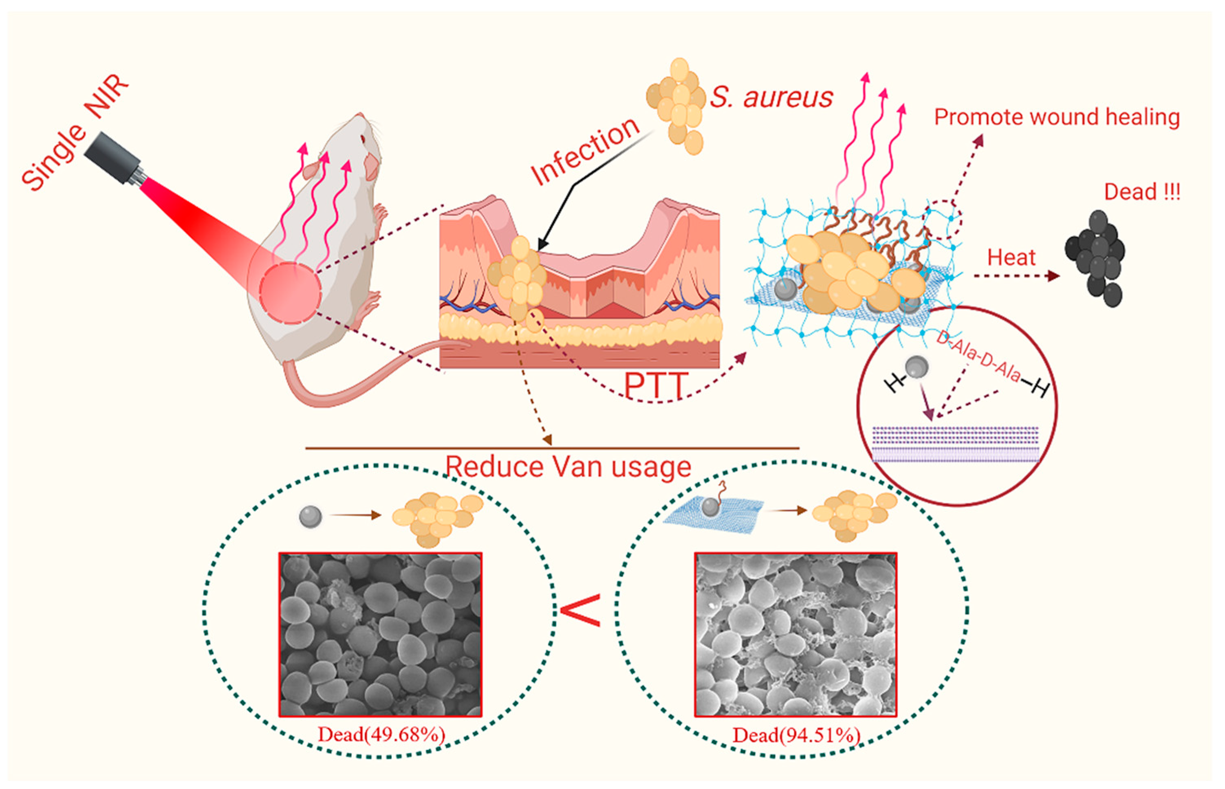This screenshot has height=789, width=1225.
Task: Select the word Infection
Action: click(585, 151)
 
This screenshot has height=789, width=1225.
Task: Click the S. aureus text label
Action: click(771, 97)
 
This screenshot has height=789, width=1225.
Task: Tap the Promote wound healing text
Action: click(1056, 117)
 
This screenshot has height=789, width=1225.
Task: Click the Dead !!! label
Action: click(1141, 192)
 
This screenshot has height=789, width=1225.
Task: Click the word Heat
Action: click(1011, 257)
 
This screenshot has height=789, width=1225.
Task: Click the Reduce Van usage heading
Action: click(568, 467)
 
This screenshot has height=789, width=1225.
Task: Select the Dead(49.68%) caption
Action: click(381, 735)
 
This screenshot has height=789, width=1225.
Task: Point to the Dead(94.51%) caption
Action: click(795, 735)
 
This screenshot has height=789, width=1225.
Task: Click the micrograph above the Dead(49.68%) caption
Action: click(380, 634)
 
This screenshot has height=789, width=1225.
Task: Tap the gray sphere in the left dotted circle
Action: click(311, 516)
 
